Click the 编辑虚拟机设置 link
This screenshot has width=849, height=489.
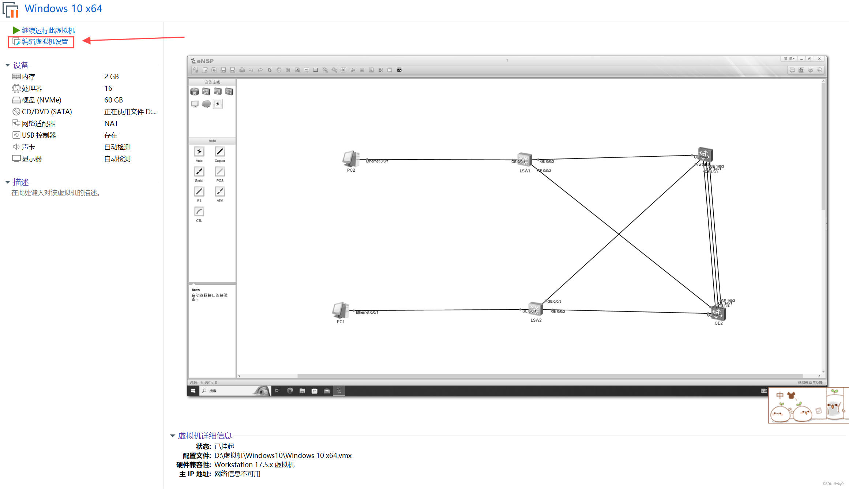tap(45, 42)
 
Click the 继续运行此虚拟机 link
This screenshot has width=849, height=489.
tap(48, 30)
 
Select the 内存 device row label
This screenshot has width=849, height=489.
tap(29, 76)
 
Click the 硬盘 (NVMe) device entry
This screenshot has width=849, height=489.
tap(41, 100)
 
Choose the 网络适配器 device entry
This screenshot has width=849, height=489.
tap(38, 123)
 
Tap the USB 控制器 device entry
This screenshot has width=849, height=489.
tap(39, 135)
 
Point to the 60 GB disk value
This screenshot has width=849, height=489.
tap(113, 100)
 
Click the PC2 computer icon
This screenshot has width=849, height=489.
tap(350, 159)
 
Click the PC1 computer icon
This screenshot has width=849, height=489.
tap(340, 310)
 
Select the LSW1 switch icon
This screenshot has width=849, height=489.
tap(524, 160)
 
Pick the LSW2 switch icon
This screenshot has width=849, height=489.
tap(535, 309)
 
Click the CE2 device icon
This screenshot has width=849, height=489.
tap(718, 313)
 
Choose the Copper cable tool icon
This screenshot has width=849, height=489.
tap(220, 152)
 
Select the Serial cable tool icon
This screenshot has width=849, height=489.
tap(199, 172)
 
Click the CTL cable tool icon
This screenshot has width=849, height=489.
tap(199, 212)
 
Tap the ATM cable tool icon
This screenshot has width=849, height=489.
tap(220, 191)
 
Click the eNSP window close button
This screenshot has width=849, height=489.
tap(819, 59)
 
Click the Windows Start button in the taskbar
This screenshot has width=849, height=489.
tap(193, 391)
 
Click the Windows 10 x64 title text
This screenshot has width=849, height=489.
tap(63, 8)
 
